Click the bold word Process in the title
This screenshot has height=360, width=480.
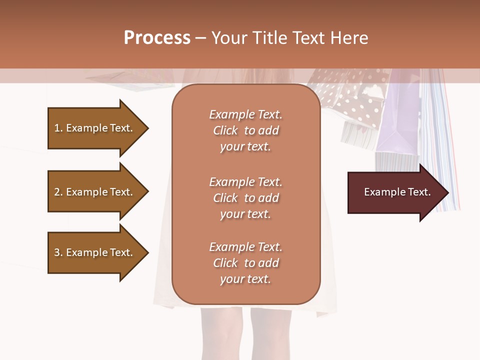pyautogui.click(x=157, y=38)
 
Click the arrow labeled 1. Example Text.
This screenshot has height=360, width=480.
pyautogui.click(x=95, y=128)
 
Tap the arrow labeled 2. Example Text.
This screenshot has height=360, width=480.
pyautogui.click(x=95, y=192)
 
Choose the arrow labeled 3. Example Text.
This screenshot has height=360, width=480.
pyautogui.click(x=95, y=252)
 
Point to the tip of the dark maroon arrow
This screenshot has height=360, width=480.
pyautogui.click(x=447, y=192)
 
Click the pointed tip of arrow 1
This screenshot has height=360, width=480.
pyautogui.click(x=147, y=128)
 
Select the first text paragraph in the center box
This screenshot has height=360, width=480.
pyautogui.click(x=245, y=130)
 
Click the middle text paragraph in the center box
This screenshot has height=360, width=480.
pyautogui.click(x=245, y=198)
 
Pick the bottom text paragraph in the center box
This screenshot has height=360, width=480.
pyautogui.click(x=245, y=263)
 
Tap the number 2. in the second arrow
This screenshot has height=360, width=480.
pyautogui.click(x=58, y=192)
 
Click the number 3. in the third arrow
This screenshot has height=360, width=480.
pyautogui.click(x=58, y=252)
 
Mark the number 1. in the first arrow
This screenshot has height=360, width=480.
pyautogui.click(x=58, y=128)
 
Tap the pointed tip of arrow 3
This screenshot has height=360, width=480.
pyautogui.click(x=147, y=252)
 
